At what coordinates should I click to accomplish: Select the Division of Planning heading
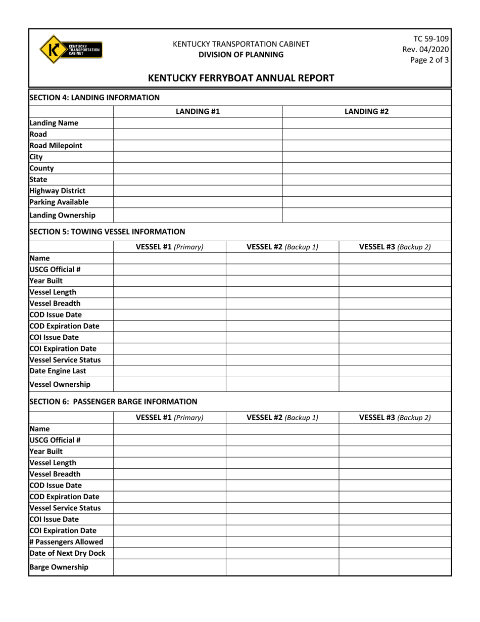coord(241,55)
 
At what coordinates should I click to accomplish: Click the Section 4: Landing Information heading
coord(94,97)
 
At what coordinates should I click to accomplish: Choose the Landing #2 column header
coord(366,111)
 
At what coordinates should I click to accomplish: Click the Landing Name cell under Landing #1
coord(198,123)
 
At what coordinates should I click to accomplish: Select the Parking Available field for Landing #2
coord(366,202)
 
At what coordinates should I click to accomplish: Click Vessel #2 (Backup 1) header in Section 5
coord(282,247)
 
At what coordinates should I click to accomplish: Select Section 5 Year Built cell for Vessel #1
coord(169,281)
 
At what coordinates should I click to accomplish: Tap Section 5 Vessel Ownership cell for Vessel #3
coord(395,384)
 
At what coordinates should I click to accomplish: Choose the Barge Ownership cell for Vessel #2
coord(282,567)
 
